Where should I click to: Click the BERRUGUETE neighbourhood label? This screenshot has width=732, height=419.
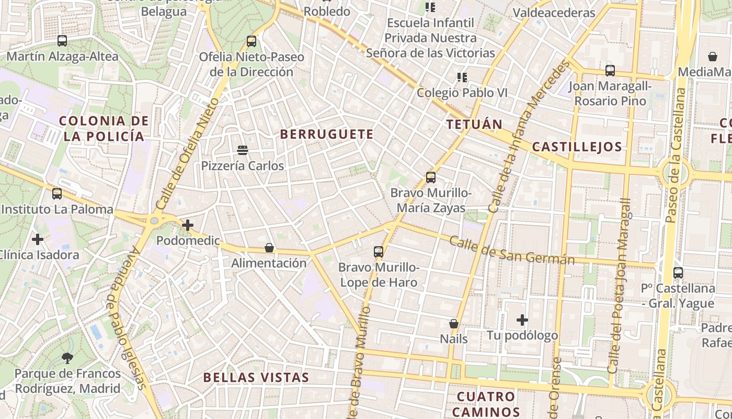pyautogui.click(x=327, y=134)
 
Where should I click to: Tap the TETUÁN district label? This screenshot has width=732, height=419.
pyautogui.click(x=474, y=124)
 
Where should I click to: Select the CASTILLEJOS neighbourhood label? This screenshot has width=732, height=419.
pyautogui.click(x=577, y=147)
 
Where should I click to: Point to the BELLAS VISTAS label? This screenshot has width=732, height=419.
pyautogui.click(x=256, y=377)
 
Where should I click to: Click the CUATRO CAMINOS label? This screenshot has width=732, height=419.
pyautogui.click(x=486, y=404)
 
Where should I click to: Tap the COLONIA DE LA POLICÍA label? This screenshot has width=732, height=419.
pyautogui.click(x=104, y=128)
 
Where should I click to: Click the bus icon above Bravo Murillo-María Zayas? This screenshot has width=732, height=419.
pyautogui.click(x=431, y=178)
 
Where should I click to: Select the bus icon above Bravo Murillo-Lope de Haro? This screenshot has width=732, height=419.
pyautogui.click(x=379, y=252)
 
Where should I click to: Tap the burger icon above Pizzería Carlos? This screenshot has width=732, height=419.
pyautogui.click(x=242, y=150)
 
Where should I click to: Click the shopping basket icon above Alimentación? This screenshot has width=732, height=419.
pyautogui.click(x=269, y=247)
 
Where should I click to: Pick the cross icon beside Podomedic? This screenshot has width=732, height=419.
pyautogui.click(x=187, y=225)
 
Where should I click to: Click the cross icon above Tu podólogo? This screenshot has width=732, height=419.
pyautogui.click(x=522, y=319)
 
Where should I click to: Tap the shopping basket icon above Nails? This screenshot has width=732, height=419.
pyautogui.click(x=454, y=324)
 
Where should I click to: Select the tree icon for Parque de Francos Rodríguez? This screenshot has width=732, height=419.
pyautogui.click(x=67, y=358)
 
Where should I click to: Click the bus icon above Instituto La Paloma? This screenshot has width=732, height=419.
pyautogui.click(x=57, y=194)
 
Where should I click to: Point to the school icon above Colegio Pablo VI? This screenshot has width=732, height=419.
pyautogui.click(x=462, y=78)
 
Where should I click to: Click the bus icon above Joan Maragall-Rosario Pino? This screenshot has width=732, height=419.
pyautogui.click(x=610, y=70)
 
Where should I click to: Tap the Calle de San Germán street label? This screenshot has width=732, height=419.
pyautogui.click(x=512, y=250)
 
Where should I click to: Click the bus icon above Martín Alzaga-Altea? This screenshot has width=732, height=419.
pyautogui.click(x=62, y=41)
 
